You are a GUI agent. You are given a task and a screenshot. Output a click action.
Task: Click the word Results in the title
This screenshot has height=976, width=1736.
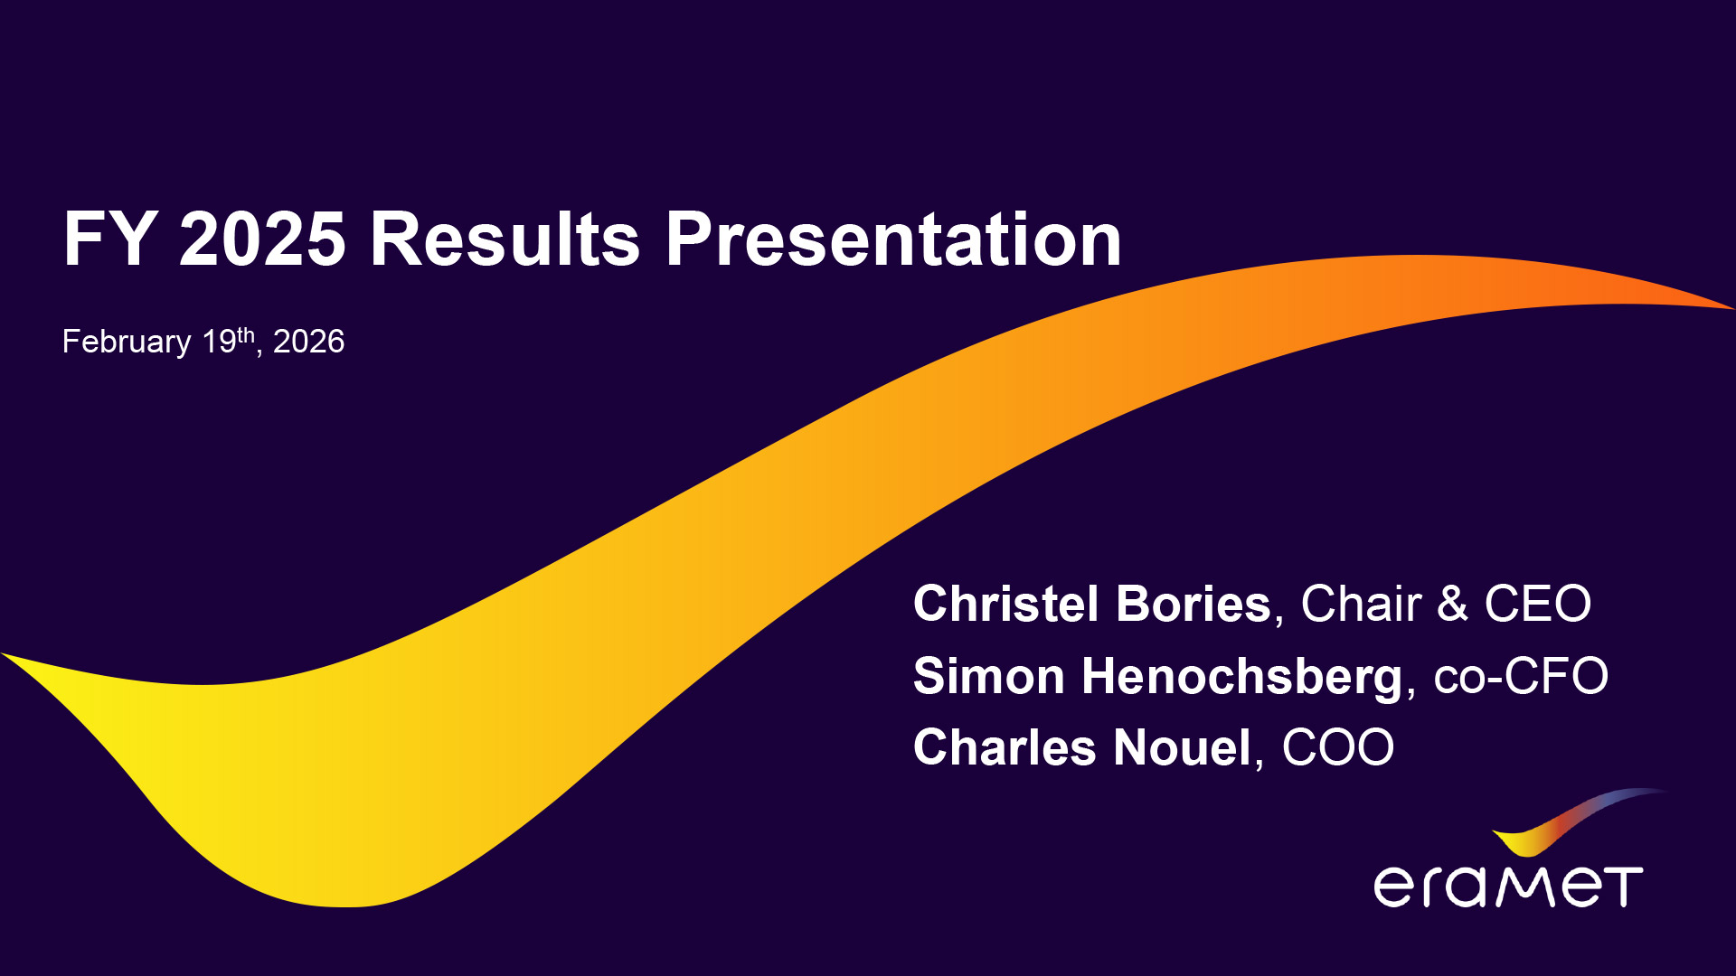coord(505,239)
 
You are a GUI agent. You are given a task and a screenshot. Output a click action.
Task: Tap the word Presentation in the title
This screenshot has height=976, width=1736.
coord(893,239)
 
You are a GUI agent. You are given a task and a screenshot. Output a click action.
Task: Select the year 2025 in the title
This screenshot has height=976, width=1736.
coord(262,239)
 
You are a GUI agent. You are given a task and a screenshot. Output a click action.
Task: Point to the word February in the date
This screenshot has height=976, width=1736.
coord(127,342)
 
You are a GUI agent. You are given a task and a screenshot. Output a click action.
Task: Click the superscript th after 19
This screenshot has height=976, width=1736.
coord(246,334)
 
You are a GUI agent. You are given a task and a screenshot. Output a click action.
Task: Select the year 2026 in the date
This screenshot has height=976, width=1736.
coord(308,342)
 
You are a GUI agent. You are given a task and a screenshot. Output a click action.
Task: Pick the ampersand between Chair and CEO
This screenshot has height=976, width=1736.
coord(1452,604)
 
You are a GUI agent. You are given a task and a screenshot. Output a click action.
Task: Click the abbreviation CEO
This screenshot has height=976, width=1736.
coord(1538,604)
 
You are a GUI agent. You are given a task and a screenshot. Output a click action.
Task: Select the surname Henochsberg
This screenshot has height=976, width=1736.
coord(1242,677)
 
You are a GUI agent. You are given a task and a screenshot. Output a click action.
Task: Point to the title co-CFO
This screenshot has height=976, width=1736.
coord(1521,676)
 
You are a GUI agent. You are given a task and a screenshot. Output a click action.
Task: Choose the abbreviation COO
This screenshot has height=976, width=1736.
coord(1338,747)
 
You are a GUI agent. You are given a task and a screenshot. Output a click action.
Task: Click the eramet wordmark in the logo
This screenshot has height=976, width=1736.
coord(1508,887)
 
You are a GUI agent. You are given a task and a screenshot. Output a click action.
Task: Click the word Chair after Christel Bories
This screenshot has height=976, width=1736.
coord(1361,604)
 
